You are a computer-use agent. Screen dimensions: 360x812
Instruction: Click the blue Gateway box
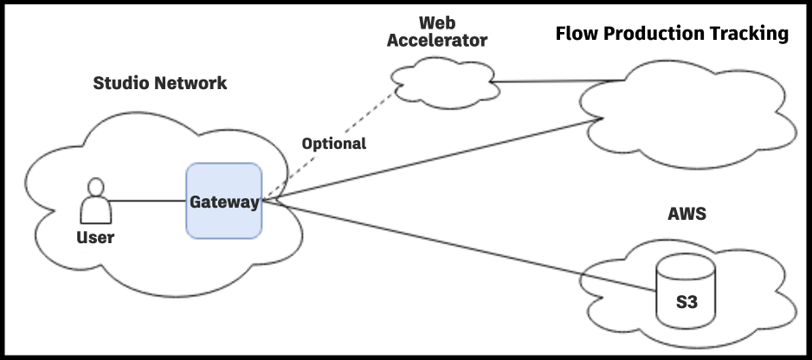(224, 201)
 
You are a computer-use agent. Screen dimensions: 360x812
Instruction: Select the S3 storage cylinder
(686, 291)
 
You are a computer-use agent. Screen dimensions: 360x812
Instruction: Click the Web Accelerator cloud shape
(441, 83)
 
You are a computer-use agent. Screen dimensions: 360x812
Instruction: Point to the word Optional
(333, 144)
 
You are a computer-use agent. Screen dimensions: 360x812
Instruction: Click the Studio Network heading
(160, 84)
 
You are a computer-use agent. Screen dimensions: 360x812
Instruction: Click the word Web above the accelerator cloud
(437, 22)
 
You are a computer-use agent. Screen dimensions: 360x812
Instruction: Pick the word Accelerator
(437, 40)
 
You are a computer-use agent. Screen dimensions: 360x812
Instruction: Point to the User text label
(95, 237)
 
